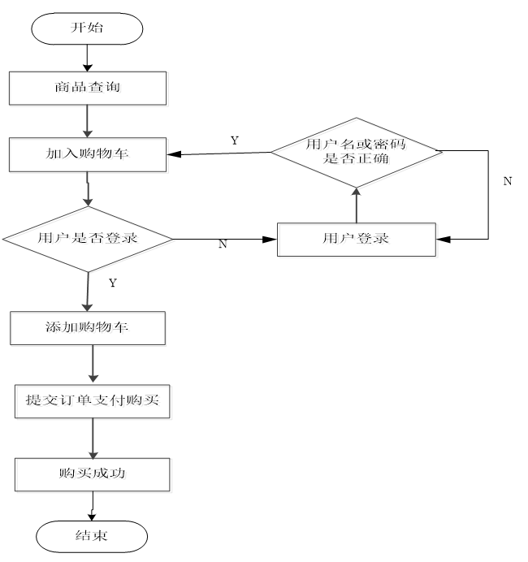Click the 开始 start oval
(x=87, y=28)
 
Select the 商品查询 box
(x=89, y=89)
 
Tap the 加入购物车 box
(x=89, y=155)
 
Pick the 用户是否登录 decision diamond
(x=89, y=240)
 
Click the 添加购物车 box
(x=89, y=329)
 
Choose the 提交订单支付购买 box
(x=94, y=402)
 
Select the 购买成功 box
(x=94, y=475)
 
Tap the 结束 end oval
(x=92, y=536)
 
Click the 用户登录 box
(x=358, y=240)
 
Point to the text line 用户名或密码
(x=357, y=145)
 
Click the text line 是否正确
(x=357, y=160)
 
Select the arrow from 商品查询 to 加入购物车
(x=87, y=122)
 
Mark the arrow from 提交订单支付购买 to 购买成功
(x=93, y=439)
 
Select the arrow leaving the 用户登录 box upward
(x=356, y=206)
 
